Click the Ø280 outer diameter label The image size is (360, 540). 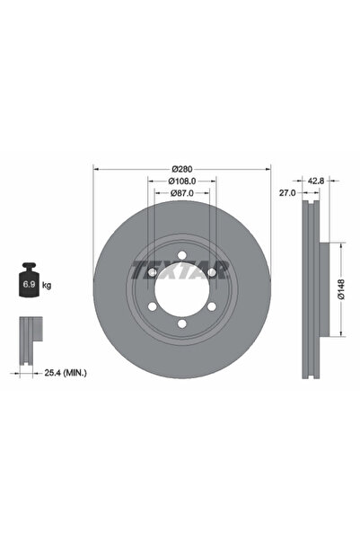pos(182,169)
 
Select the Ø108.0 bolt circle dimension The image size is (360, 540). pos(182,181)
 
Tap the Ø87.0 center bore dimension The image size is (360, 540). pos(182,193)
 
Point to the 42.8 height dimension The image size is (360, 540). pos(316,181)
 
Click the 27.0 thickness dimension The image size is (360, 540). pos(287,193)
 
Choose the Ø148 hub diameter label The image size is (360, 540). pos(341,289)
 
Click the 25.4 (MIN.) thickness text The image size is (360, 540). pos(66,373)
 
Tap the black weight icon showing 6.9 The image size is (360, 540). pos(30,279)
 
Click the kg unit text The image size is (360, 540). pos(47,285)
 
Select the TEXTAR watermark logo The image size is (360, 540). pos(180,270)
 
